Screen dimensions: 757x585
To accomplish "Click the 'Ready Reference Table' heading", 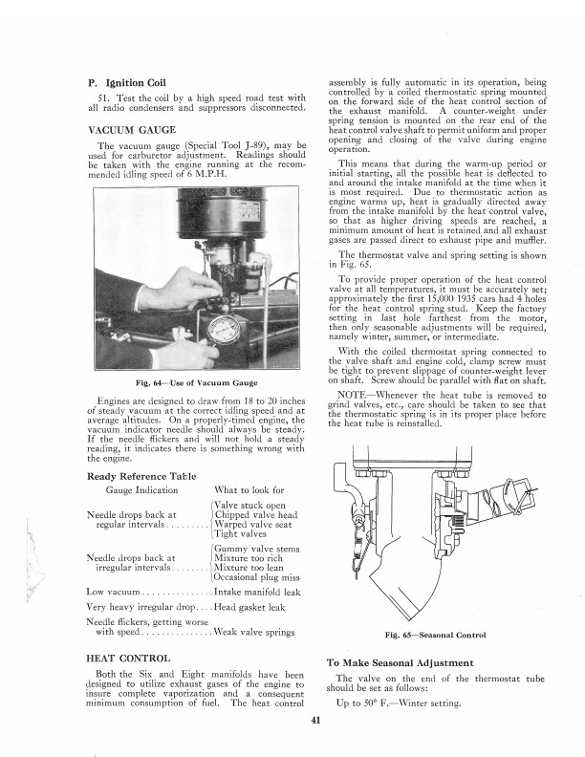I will click(x=141, y=476).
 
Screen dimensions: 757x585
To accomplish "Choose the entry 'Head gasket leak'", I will click(x=257, y=607).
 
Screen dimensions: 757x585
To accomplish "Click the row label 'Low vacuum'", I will click(x=109, y=593).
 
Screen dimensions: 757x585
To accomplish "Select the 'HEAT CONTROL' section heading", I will click(x=129, y=659).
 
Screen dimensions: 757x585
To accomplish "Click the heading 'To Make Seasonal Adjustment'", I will click(x=401, y=662).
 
